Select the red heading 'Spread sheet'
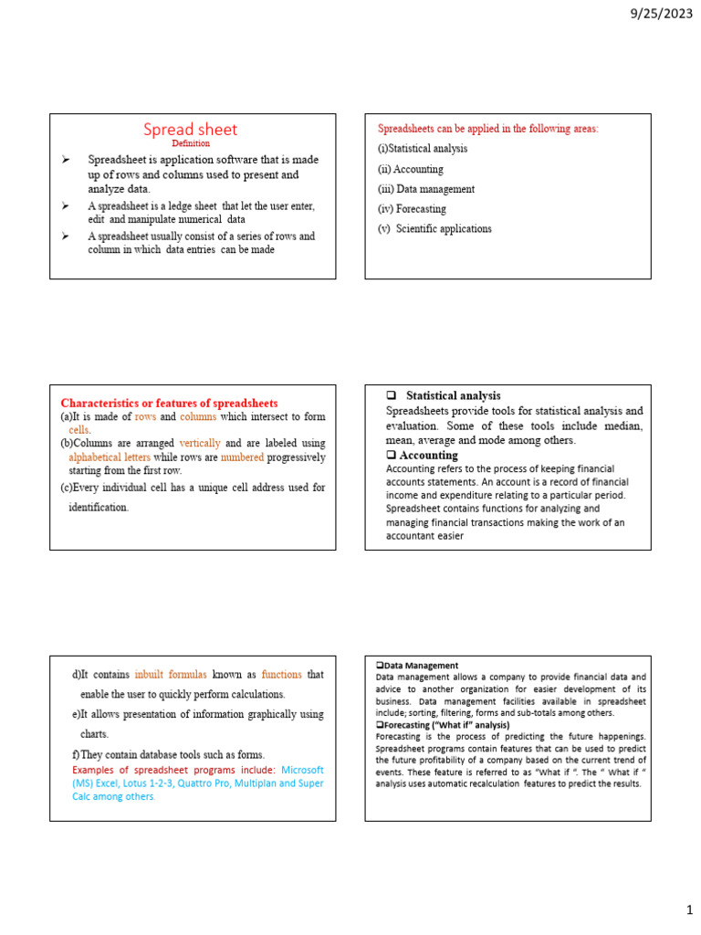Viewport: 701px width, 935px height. pyautogui.click(x=191, y=130)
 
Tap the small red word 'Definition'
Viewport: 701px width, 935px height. pyautogui.click(x=191, y=143)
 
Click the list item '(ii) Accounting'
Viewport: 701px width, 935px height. pyautogui.click(x=410, y=169)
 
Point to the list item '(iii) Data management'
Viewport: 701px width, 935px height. pyautogui.click(x=426, y=189)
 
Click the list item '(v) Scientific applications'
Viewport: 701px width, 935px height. pyautogui.click(x=434, y=229)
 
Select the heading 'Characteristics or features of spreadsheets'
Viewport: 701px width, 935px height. pyautogui.click(x=169, y=403)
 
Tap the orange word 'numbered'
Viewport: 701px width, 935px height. pyautogui.click(x=242, y=457)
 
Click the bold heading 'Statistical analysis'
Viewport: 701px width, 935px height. pyautogui.click(x=453, y=395)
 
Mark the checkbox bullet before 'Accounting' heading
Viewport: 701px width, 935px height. pyautogui.click(x=391, y=455)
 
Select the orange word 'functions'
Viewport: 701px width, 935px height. pyautogui.click(x=281, y=675)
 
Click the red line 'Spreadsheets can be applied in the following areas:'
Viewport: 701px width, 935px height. pyautogui.click(x=487, y=129)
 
